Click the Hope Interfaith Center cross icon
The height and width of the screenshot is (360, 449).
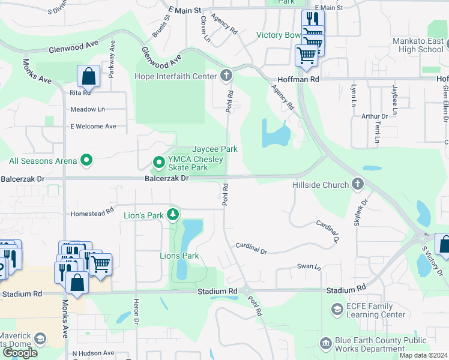tap(226, 76)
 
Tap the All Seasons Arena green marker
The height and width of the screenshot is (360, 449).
tap(86, 160)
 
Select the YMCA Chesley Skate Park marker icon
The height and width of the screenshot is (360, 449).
tap(159, 162)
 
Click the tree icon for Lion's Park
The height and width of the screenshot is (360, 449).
tap(173, 214)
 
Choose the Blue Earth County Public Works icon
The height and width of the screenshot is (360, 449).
tap(325, 343)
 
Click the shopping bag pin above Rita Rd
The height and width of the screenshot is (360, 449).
tap(88, 77)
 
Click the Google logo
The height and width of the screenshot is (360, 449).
tap(20, 352)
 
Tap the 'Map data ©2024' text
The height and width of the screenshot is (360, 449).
tap(423, 355)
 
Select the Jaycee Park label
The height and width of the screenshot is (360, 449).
tap(215, 149)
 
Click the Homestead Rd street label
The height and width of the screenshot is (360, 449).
tap(92, 212)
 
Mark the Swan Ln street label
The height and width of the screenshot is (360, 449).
tap(309, 266)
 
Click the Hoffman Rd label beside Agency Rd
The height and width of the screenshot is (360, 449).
tap(298, 79)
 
